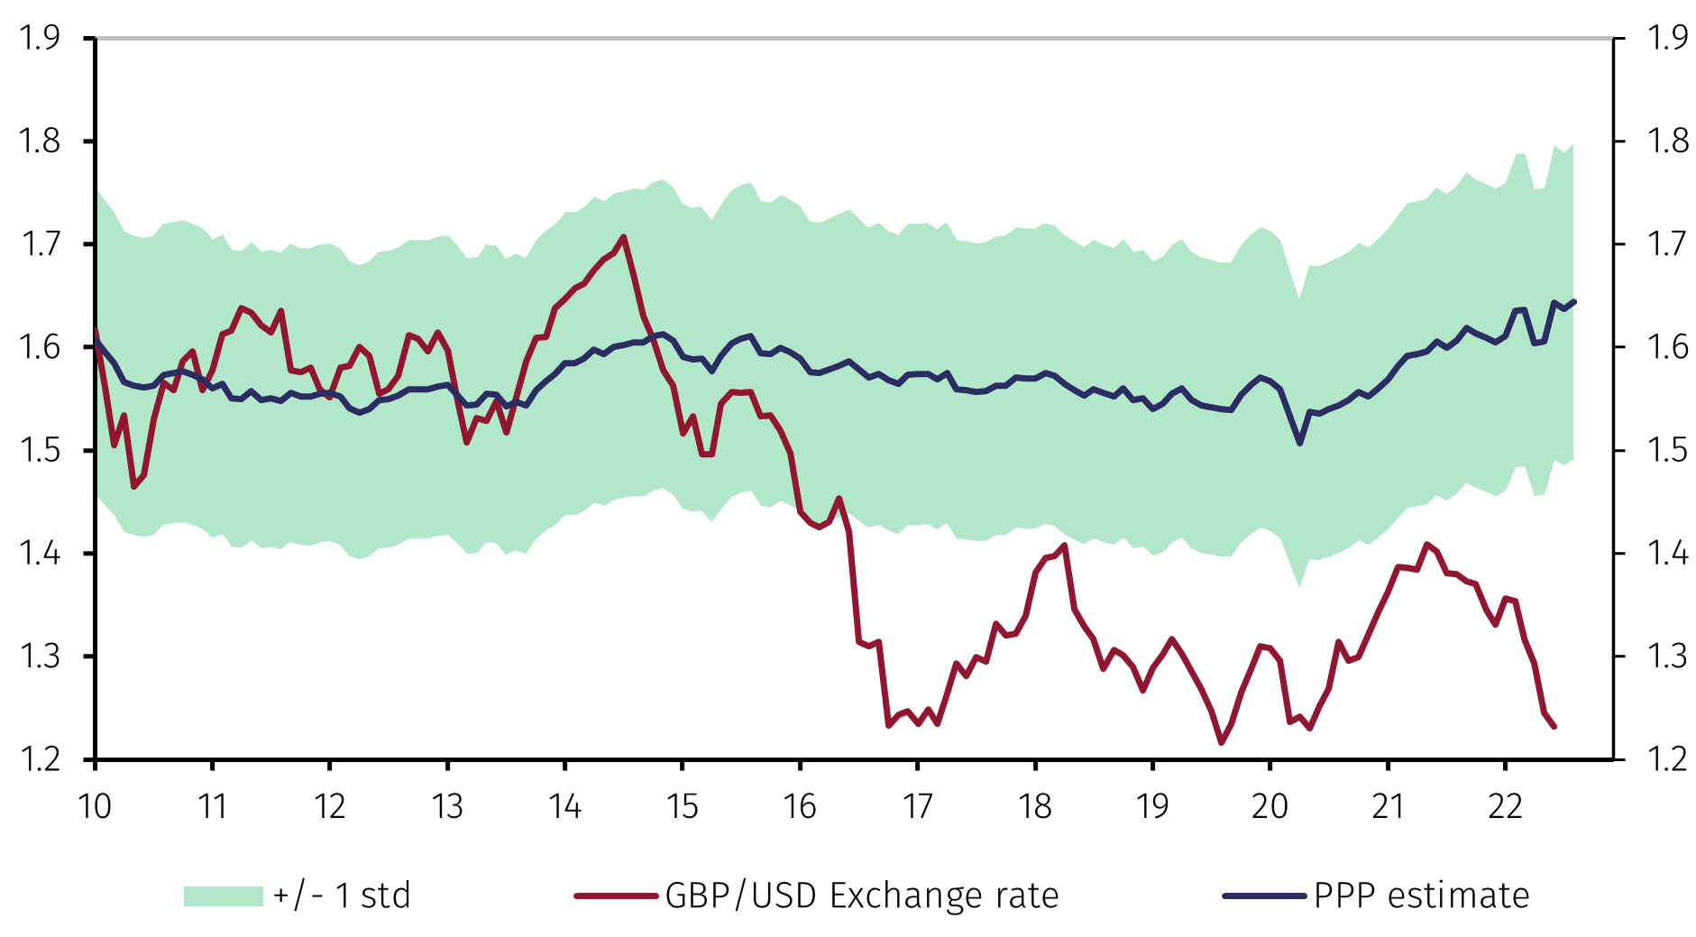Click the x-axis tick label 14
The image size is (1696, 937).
(564, 805)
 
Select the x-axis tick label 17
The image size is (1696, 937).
(917, 805)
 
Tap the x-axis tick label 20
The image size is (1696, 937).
(1270, 805)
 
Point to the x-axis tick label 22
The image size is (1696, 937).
(1505, 805)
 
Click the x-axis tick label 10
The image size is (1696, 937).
(95, 805)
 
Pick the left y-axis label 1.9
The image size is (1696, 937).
(40, 38)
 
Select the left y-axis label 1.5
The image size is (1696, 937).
(40, 450)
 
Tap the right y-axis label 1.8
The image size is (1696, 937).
(1667, 142)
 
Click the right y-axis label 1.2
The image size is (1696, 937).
(1667, 759)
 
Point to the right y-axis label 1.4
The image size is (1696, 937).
(1667, 553)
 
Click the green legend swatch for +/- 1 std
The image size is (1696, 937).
(223, 896)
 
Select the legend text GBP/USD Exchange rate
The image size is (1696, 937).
(861, 896)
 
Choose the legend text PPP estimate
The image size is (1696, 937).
(1421, 896)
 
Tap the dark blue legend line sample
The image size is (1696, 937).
(1264, 896)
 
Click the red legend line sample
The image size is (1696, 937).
(616, 896)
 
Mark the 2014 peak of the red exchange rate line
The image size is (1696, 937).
(624, 237)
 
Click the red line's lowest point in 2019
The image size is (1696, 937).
(1222, 743)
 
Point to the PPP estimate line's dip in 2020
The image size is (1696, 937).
(1299, 444)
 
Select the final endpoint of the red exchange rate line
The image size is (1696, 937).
(1554, 727)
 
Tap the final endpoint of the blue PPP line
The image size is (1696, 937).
(1573, 301)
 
